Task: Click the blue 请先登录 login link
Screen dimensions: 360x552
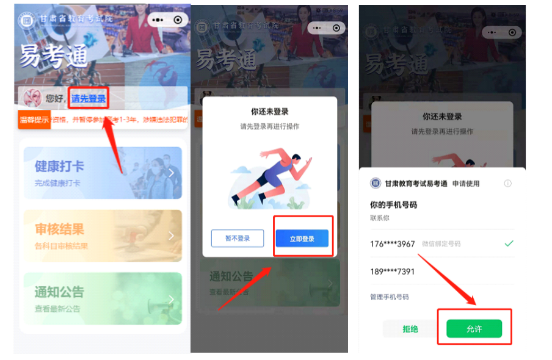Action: click(x=89, y=99)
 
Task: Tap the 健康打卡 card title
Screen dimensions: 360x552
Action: click(x=59, y=167)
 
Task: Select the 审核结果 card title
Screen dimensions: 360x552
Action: click(x=59, y=229)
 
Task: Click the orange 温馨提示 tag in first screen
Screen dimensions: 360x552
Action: click(x=34, y=120)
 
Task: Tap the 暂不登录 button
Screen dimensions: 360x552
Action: click(x=237, y=239)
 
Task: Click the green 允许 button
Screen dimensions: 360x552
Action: click(x=474, y=329)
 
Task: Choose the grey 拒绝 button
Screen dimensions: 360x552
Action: click(x=410, y=329)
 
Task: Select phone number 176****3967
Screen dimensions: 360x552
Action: click(x=393, y=243)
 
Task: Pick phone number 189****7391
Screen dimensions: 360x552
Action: click(x=393, y=272)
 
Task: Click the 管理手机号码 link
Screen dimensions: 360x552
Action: click(x=390, y=297)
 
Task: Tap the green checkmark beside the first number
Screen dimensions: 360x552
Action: click(x=509, y=243)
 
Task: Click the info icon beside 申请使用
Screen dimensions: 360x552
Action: click(x=507, y=184)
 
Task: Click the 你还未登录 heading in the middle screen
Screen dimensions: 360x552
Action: click(x=269, y=112)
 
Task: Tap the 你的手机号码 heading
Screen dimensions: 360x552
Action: click(x=393, y=205)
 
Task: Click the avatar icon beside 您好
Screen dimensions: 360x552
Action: click(x=32, y=98)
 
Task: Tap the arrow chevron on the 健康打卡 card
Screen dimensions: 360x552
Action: click(x=172, y=173)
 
